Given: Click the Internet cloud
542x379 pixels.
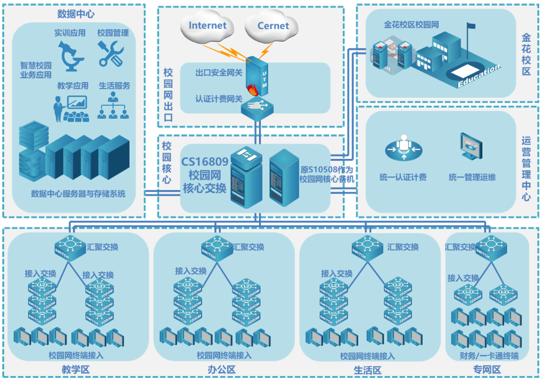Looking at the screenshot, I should click(x=207, y=26).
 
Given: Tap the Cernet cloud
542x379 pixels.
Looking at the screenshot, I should click(x=273, y=26).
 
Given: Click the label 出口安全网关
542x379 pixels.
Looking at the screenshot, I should click(x=219, y=73).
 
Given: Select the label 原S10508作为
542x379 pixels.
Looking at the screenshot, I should click(x=326, y=169).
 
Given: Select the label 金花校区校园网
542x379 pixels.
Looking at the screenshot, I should click(x=411, y=25).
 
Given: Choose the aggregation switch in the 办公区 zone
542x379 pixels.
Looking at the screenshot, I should click(x=217, y=248).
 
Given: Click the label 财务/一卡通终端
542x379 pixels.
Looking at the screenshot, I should click(x=489, y=356).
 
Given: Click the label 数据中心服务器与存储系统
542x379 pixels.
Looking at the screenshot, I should click(x=78, y=194).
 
